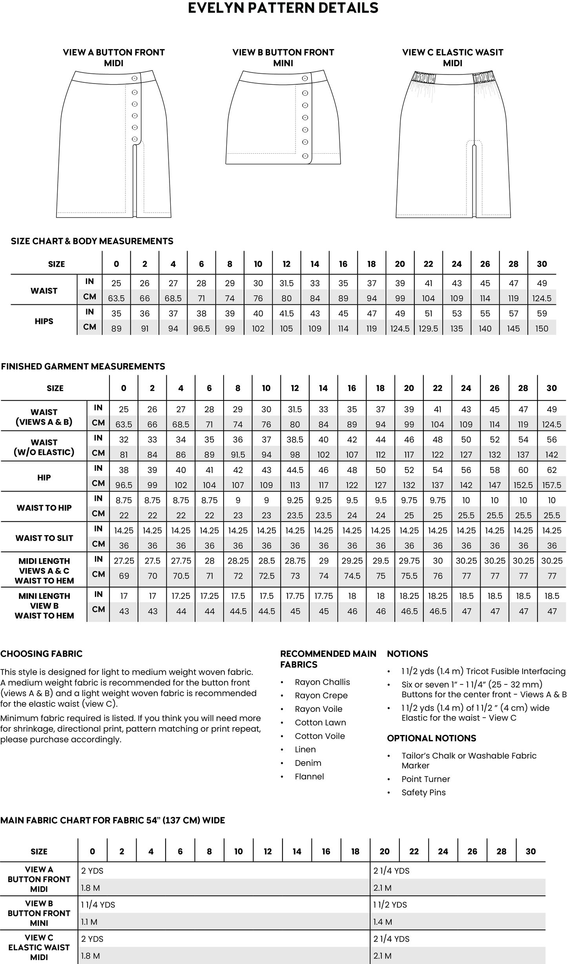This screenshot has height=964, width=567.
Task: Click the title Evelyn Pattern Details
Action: pos(283,8)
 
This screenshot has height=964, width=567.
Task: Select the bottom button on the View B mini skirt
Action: pos(305,156)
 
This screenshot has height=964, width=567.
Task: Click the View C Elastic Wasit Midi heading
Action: pos(452,57)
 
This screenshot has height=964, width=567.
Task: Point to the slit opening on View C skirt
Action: pos(474,180)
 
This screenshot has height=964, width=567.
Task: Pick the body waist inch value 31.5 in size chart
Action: pos(286,283)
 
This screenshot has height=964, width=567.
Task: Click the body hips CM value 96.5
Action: pos(201,329)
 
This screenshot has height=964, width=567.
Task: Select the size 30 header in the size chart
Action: pos(541,264)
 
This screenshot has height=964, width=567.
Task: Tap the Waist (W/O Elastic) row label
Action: pos(44,447)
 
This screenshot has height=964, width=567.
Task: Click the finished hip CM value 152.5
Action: pos(523,485)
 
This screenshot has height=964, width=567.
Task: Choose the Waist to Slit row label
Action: pos(44,538)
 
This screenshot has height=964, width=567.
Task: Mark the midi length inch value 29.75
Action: pos(409,561)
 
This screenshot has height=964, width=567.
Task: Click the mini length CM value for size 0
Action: pos(124,611)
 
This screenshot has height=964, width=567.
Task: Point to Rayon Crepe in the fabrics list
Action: pos(321,695)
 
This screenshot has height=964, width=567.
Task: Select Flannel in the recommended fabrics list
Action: pos(309,777)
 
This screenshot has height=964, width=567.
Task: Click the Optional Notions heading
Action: pos(431,738)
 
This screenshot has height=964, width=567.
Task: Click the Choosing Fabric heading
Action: pos(41,654)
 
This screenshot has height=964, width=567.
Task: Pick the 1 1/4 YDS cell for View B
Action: pos(98,905)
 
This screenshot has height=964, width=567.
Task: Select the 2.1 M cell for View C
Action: pos(382,956)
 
